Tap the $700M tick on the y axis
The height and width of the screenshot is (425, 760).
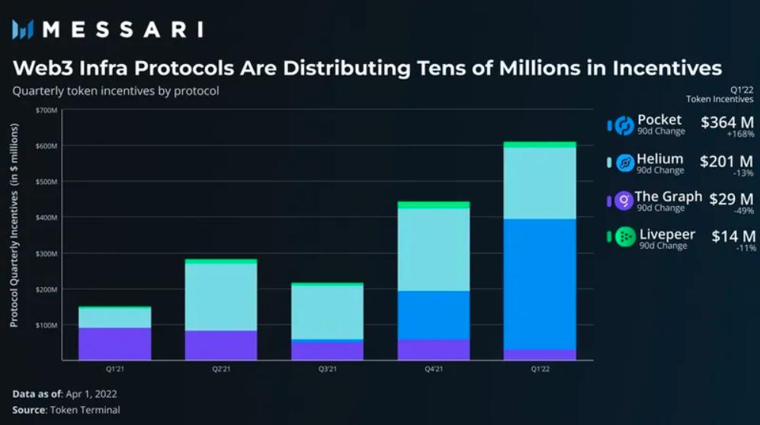coord(46,111)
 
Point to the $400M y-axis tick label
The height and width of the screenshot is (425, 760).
coord(46,217)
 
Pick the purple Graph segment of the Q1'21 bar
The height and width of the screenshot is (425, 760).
coord(116,343)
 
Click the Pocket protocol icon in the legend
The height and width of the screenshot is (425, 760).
coord(624,125)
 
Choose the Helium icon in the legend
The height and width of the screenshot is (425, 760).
coord(624,163)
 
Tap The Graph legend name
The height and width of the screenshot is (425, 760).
coord(668,197)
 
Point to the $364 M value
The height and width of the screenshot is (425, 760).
coord(726,121)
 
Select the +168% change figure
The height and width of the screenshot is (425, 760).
coord(740,134)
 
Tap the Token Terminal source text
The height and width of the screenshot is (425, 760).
coord(85,410)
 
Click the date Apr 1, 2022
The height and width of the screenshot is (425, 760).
coord(92,394)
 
